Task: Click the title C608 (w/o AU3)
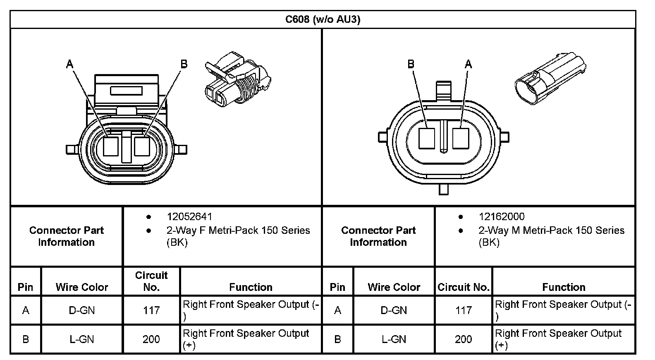point(323,19)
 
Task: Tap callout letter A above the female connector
point(69,64)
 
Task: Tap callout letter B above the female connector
point(184,64)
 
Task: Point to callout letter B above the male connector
point(411,64)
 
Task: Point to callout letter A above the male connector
point(468,64)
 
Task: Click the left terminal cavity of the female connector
point(111,146)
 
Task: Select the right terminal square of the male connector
point(460,138)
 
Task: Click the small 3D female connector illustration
point(237,78)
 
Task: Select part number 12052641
point(189,217)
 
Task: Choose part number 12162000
point(502,217)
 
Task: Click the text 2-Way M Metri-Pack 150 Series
point(551,230)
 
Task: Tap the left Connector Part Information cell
point(67,236)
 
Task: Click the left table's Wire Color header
point(82,287)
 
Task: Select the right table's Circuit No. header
point(464,287)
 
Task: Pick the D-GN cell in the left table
point(82,310)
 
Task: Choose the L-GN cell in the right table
point(394,339)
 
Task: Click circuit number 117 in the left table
point(151,310)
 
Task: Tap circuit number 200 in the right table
point(463,339)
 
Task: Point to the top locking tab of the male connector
point(443,90)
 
